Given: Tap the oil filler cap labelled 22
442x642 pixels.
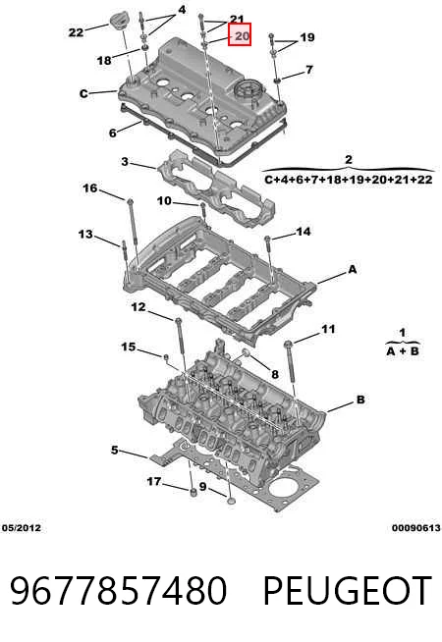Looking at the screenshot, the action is click(118, 22).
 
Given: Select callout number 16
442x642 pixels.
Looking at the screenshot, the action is click(90, 188).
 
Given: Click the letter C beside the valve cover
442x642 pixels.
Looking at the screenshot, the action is click(83, 94).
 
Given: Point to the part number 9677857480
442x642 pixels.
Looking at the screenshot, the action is click(119, 590).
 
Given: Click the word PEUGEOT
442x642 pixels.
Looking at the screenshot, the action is click(348, 590).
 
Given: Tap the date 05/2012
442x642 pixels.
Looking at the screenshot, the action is click(22, 528).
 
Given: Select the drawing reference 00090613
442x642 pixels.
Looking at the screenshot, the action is click(416, 528).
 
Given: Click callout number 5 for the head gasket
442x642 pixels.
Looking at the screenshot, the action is click(114, 450).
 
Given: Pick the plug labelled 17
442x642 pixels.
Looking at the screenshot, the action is click(193, 492).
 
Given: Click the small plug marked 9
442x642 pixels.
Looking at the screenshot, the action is click(232, 501).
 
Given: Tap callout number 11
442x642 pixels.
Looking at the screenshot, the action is click(328, 329).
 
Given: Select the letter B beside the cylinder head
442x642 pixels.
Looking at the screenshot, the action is click(360, 400).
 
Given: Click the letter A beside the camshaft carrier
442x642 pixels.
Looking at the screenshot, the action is click(353, 269).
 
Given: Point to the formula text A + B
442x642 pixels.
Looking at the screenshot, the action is click(403, 350).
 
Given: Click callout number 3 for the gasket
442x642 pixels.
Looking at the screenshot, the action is click(125, 161).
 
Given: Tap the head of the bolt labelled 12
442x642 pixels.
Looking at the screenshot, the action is click(178, 320).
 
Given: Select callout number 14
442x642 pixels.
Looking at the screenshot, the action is click(304, 232).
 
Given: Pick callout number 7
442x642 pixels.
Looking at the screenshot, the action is click(309, 70).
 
